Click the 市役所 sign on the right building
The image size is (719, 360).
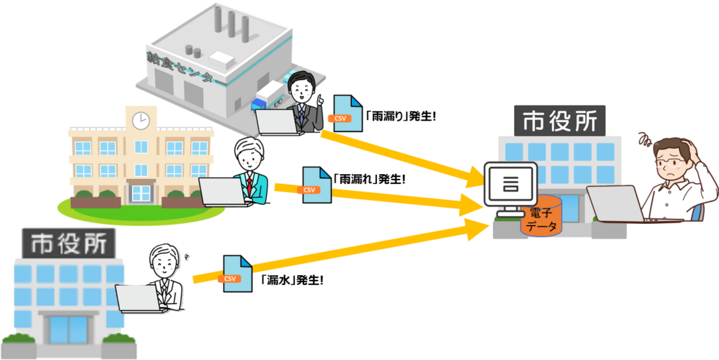(x=560, y=121)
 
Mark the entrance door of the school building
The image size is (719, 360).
(x=141, y=192)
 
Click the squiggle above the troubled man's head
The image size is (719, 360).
(x=643, y=138)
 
